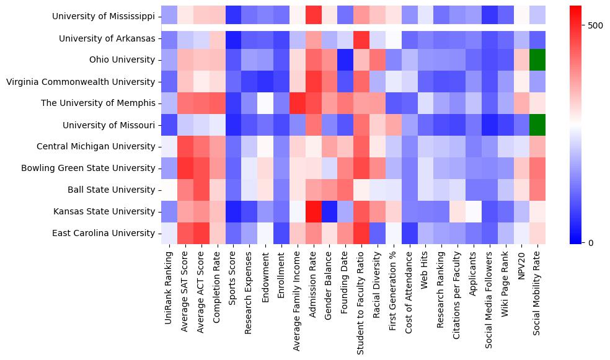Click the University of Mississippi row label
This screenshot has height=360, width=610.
[x=104, y=17]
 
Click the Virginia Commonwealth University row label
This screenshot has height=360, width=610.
[x=81, y=82]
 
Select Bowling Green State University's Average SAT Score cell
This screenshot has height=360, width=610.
[x=184, y=169]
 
